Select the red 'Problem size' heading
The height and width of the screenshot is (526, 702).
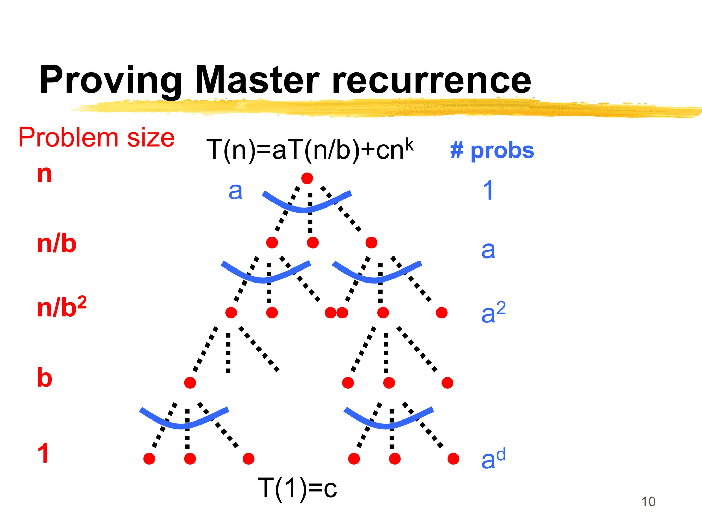[x=96, y=137]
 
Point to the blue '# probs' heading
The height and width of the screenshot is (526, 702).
[x=492, y=151]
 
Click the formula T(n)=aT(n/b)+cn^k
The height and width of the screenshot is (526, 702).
[x=310, y=149]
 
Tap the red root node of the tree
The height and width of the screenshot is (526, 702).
[x=307, y=178]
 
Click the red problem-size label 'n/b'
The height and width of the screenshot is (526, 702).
[x=57, y=244]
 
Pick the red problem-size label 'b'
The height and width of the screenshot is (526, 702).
[x=45, y=378]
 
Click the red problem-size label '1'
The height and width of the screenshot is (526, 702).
[x=43, y=453]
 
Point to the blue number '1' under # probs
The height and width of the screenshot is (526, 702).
[x=488, y=190]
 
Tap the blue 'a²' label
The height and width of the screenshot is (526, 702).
[x=493, y=312]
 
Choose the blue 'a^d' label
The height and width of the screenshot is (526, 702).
[x=493, y=459]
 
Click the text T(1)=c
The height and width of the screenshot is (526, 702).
[x=297, y=488]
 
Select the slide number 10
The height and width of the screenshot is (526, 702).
[x=648, y=502]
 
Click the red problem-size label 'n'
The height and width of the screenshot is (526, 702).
[x=45, y=174]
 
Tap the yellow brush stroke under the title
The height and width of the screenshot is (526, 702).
[x=377, y=108]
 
